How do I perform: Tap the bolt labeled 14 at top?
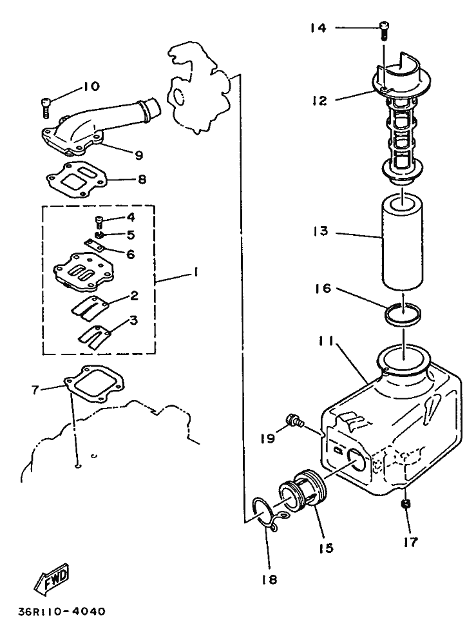point(385,29)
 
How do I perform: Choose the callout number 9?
point(138,155)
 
